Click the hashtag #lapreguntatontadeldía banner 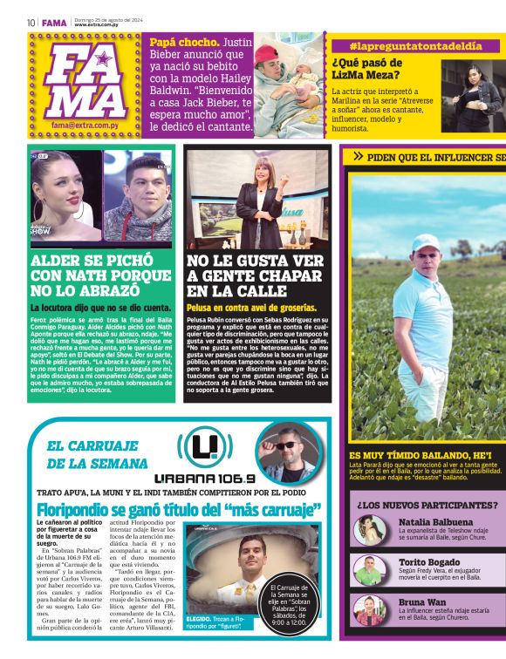coord(415,45)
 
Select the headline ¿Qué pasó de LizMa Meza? coord(368,69)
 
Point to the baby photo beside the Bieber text coord(291,84)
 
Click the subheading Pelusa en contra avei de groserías coord(251,308)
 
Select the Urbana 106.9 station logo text coord(205,478)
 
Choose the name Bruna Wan coord(422,602)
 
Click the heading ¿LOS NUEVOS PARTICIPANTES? coord(427,505)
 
